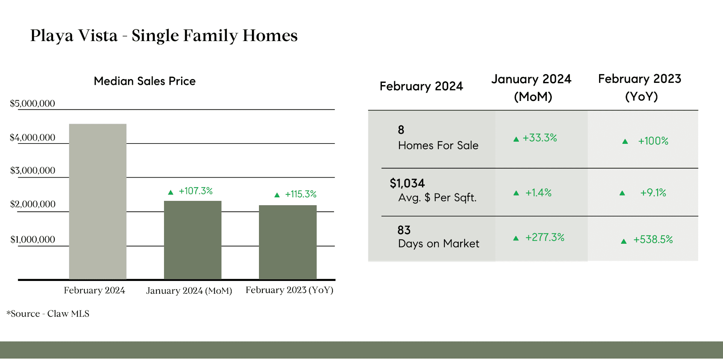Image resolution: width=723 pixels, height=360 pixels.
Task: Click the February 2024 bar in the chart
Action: (x=98, y=201)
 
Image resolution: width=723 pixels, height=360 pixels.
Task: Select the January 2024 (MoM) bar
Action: (x=193, y=240)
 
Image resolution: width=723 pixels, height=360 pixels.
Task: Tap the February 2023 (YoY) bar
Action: (x=288, y=242)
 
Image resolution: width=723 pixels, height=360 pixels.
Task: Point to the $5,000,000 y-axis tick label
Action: (x=32, y=104)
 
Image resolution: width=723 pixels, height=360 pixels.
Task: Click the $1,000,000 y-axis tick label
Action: (x=33, y=239)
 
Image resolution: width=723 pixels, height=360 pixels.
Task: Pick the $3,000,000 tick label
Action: (x=33, y=171)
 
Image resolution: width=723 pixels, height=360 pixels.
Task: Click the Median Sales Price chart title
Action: (x=145, y=81)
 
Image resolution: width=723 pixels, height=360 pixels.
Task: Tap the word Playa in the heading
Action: (x=52, y=36)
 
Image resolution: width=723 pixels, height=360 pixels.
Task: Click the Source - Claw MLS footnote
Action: (x=48, y=314)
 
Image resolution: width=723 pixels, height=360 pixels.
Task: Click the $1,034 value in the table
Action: (x=407, y=183)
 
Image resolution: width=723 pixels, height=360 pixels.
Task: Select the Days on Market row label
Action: (x=439, y=244)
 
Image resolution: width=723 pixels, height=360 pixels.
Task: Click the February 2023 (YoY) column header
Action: (x=640, y=87)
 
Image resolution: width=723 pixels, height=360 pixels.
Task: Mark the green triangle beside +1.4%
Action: (x=516, y=193)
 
